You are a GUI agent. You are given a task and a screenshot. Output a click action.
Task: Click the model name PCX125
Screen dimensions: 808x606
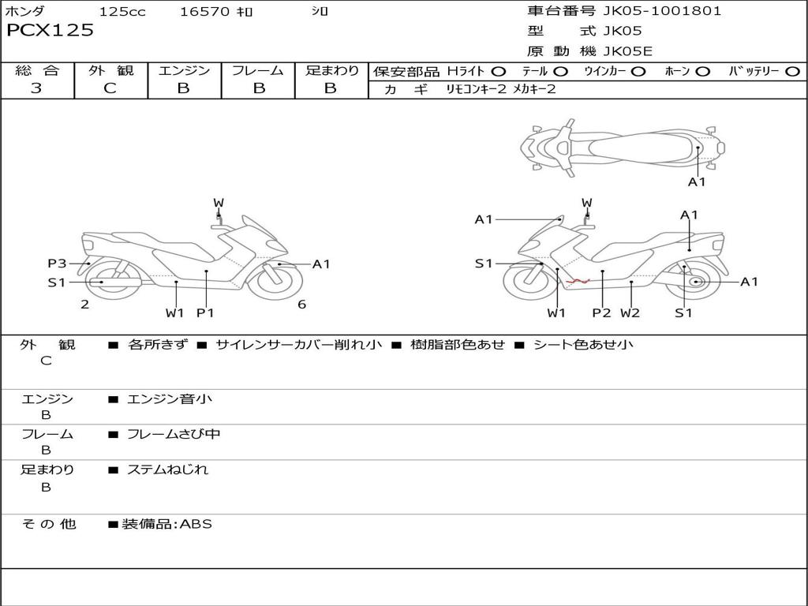(50, 30)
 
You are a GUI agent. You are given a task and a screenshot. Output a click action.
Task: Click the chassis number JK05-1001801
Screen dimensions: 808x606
(662, 11)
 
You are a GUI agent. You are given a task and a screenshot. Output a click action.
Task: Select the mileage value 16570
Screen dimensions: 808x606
(204, 11)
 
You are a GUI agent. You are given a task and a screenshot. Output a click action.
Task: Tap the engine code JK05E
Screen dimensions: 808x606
(627, 51)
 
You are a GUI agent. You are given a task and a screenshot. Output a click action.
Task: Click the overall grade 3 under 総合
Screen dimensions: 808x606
(36, 88)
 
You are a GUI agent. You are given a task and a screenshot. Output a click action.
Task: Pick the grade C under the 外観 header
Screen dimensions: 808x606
(110, 88)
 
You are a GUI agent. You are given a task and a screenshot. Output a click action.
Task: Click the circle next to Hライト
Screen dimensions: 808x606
(499, 72)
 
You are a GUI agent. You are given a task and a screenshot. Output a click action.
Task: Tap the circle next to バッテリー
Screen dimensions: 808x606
(792, 72)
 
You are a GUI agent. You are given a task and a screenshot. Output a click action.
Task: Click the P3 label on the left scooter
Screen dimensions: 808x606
(57, 264)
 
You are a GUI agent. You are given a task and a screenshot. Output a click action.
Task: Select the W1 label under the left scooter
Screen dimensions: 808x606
(174, 312)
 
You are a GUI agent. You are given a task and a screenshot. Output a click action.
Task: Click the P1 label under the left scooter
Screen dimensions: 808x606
(205, 312)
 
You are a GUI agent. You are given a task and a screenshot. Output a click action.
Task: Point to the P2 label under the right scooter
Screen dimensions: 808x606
(601, 312)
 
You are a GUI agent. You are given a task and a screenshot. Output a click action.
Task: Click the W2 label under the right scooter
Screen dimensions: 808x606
(630, 312)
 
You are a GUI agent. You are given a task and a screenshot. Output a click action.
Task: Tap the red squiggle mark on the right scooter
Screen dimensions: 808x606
(578, 282)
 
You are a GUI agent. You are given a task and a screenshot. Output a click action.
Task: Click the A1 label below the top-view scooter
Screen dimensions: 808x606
(697, 182)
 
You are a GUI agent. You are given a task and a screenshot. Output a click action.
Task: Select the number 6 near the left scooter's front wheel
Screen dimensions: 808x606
(302, 305)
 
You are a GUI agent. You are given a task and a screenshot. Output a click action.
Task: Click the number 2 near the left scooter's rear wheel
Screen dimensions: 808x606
(85, 305)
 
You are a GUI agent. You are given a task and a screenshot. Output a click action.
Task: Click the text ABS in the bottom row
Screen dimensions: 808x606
(196, 524)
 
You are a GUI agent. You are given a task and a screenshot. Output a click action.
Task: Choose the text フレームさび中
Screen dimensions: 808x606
(174, 435)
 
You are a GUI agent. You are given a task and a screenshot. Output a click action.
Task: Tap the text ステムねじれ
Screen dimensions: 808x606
(167, 469)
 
